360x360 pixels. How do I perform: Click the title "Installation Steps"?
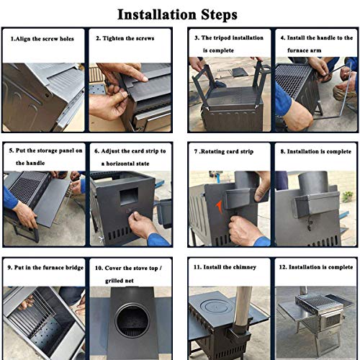(177, 15)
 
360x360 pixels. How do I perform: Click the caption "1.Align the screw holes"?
(42, 39)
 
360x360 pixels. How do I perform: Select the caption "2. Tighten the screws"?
(125, 38)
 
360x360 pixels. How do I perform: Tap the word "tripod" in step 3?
(223, 38)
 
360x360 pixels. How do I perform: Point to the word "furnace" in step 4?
(297, 50)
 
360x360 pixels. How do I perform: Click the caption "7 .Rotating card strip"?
(224, 151)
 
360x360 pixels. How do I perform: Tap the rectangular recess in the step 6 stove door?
(129, 196)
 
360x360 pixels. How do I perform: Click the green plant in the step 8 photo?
(347, 197)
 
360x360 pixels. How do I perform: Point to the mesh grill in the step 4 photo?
(292, 80)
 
